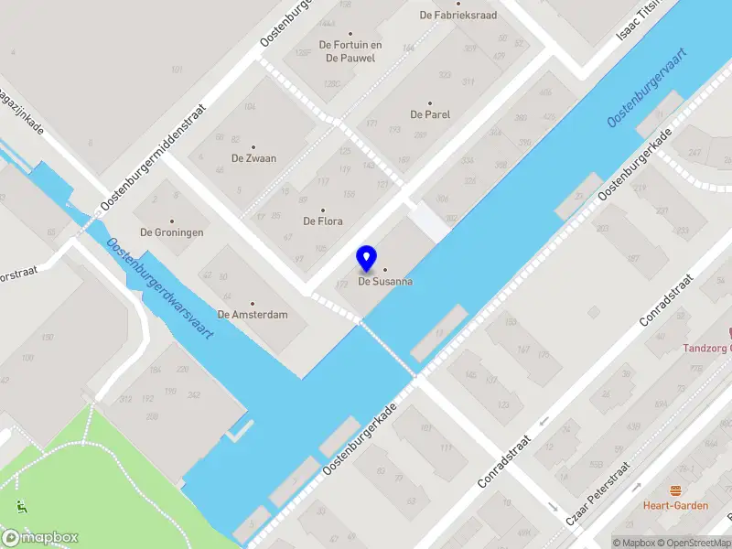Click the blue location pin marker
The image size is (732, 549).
point(366,259)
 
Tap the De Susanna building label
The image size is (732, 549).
point(384,282)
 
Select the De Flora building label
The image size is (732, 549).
point(323,221)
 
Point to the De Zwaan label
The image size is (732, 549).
point(253,158)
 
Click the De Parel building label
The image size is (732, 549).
point(430,114)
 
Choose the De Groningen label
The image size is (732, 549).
point(171,232)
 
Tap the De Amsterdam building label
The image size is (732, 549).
point(253,315)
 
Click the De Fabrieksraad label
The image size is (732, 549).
point(457,15)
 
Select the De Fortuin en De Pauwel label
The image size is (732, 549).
point(350,51)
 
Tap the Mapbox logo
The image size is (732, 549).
point(40,537)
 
